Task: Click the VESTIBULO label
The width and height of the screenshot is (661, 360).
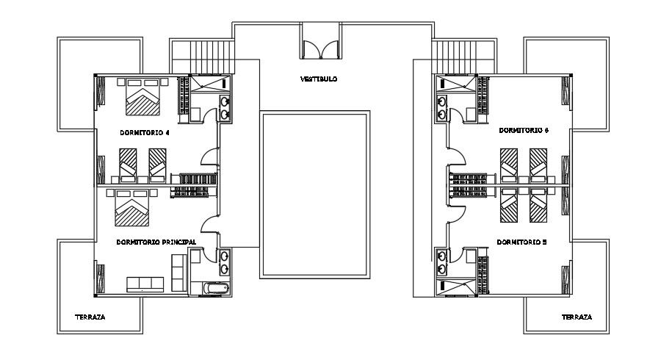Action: (319, 79)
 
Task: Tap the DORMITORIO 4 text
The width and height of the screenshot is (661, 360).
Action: (145, 133)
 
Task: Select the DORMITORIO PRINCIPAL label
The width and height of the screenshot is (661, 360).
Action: (156, 241)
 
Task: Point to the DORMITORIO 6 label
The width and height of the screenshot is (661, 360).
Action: (524, 130)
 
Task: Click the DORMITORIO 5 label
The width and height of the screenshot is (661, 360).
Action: (521, 241)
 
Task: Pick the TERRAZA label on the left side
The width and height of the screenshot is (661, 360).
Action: (90, 317)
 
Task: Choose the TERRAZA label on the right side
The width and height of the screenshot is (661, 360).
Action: (577, 317)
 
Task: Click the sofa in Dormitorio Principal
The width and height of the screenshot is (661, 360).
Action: (145, 284)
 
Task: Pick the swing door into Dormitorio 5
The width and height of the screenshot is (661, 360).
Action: (456, 212)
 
